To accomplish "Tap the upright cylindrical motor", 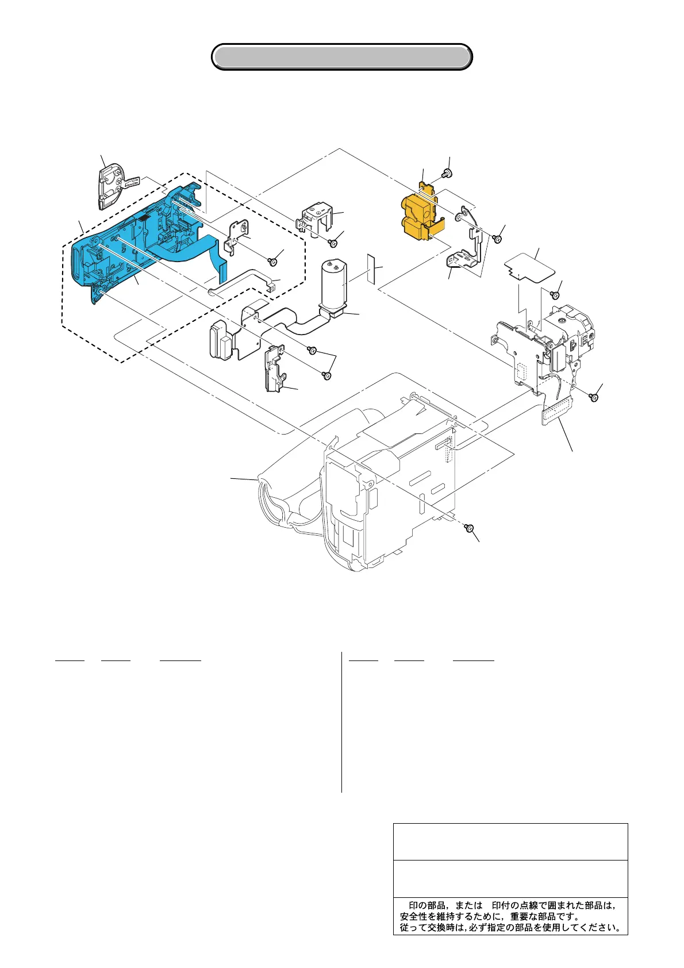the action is click(x=333, y=285).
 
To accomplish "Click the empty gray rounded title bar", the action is click(x=342, y=57).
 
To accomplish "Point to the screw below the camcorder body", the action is click(x=469, y=528).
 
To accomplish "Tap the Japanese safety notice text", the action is click(x=510, y=916).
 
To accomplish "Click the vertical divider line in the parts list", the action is click(x=341, y=721).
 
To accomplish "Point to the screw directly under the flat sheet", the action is click(x=555, y=294).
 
